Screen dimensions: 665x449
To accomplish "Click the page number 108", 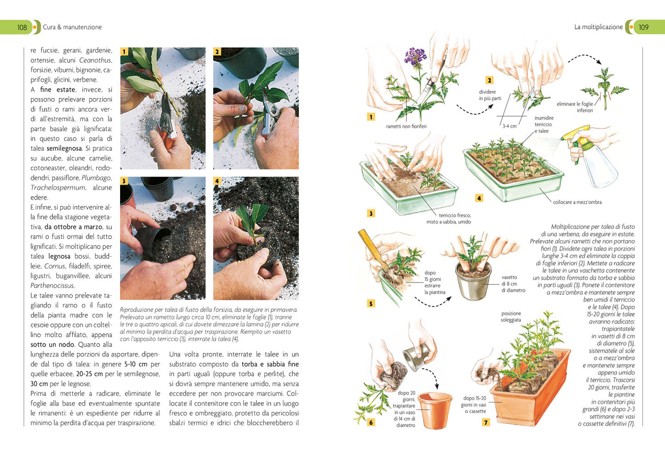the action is click(22, 27).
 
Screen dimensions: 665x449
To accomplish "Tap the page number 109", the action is click(643, 27).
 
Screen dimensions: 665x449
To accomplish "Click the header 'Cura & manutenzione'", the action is click(72, 27).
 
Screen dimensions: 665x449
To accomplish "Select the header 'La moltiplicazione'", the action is click(598, 27).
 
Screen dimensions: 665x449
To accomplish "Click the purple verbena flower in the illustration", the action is click(415, 57).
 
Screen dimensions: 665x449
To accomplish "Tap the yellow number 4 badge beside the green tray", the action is click(479, 198).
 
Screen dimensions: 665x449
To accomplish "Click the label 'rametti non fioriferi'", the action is click(406, 126).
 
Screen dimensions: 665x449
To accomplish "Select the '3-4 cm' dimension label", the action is click(509, 126).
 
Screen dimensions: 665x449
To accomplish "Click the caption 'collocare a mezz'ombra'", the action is click(577, 202).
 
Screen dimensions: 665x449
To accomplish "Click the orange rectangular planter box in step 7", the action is click(530, 392).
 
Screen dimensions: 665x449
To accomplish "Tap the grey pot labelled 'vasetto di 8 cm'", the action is click(473, 281).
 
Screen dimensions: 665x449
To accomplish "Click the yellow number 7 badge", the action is click(486, 422).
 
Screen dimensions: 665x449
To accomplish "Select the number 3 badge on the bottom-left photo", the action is click(124, 181).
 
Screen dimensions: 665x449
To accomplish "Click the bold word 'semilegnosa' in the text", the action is click(64, 148).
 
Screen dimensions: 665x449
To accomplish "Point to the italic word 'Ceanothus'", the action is click(95, 60).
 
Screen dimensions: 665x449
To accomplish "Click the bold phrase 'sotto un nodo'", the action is click(52, 345).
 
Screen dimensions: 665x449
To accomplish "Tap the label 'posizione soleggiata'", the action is click(511, 317).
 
